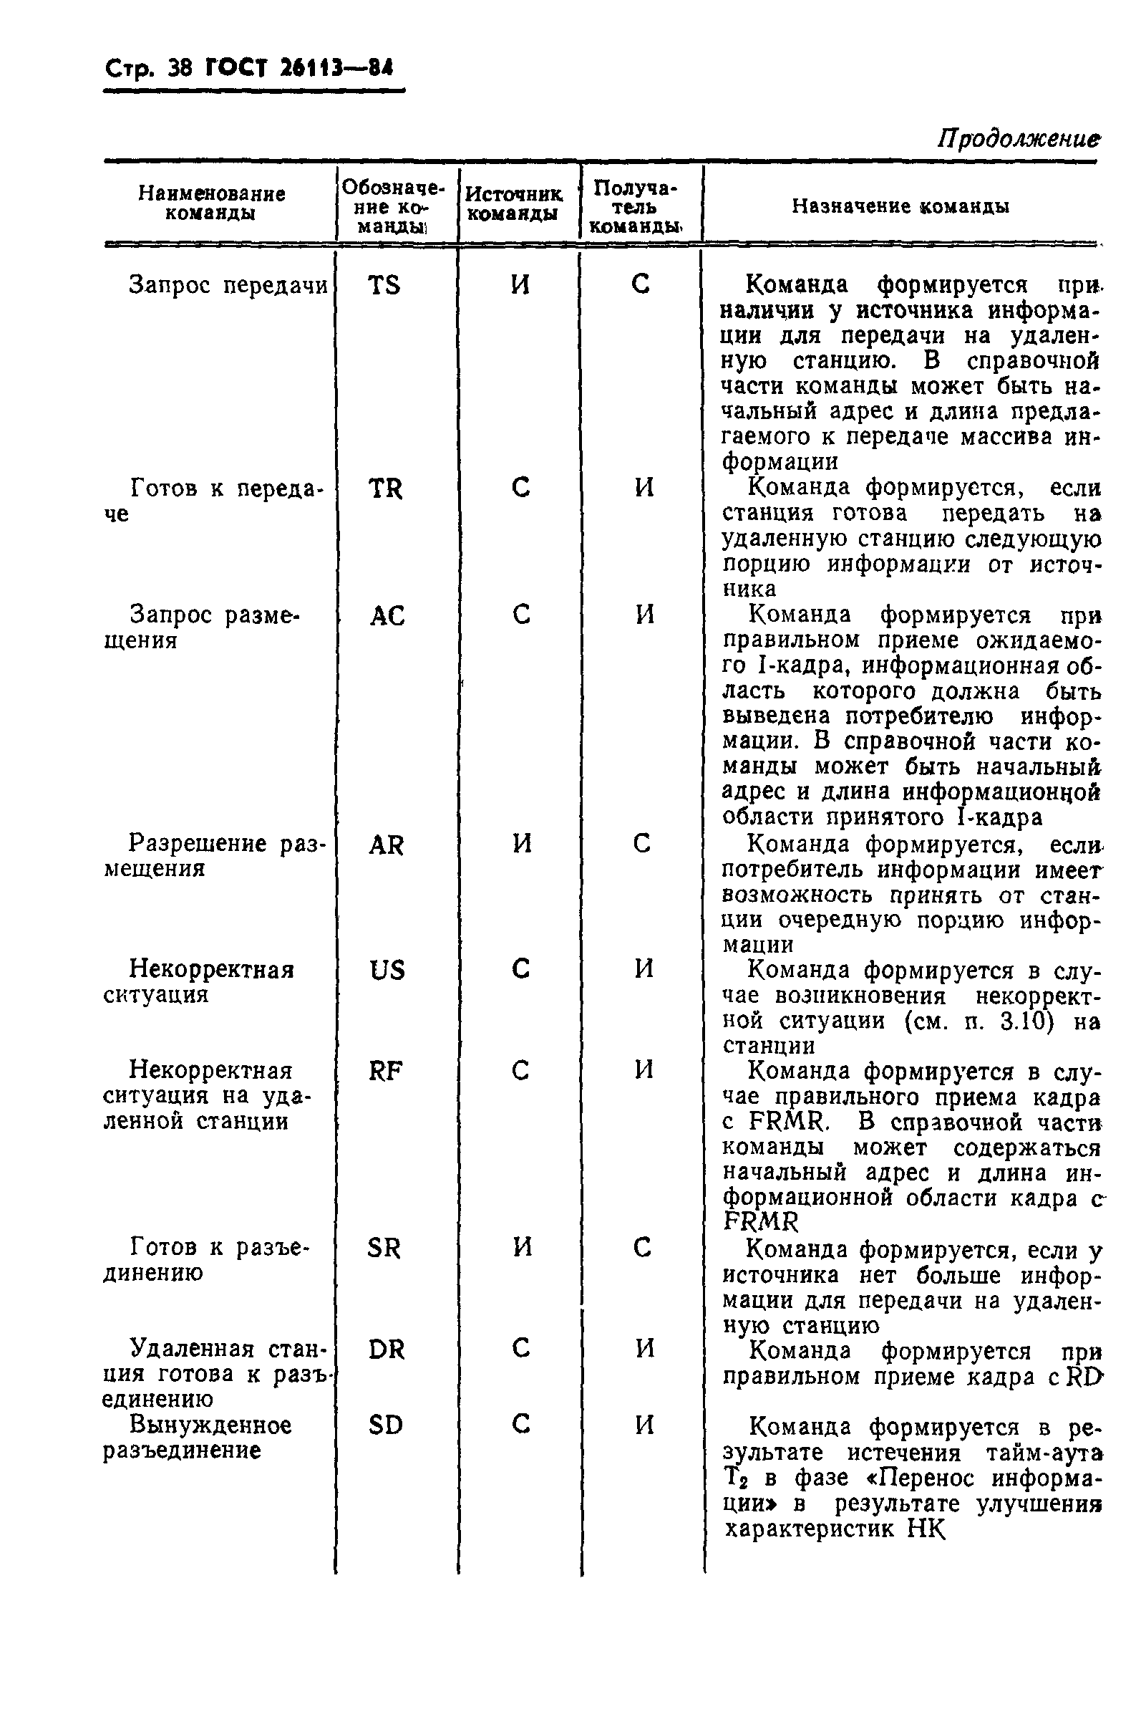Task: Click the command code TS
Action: (384, 284)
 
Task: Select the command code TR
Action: (385, 489)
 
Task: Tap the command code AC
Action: (387, 617)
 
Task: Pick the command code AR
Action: (386, 845)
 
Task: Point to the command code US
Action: (387, 971)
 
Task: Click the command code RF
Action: (385, 1071)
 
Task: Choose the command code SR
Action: (384, 1249)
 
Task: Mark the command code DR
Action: (386, 1350)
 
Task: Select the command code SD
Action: (385, 1425)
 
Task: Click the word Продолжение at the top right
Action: (1017, 138)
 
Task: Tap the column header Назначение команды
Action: (900, 207)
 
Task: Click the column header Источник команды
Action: (513, 204)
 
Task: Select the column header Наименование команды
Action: (211, 203)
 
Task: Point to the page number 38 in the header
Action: (179, 69)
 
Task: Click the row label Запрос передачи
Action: (228, 285)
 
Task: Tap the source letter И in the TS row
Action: (520, 284)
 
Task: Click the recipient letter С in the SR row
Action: (641, 1249)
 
